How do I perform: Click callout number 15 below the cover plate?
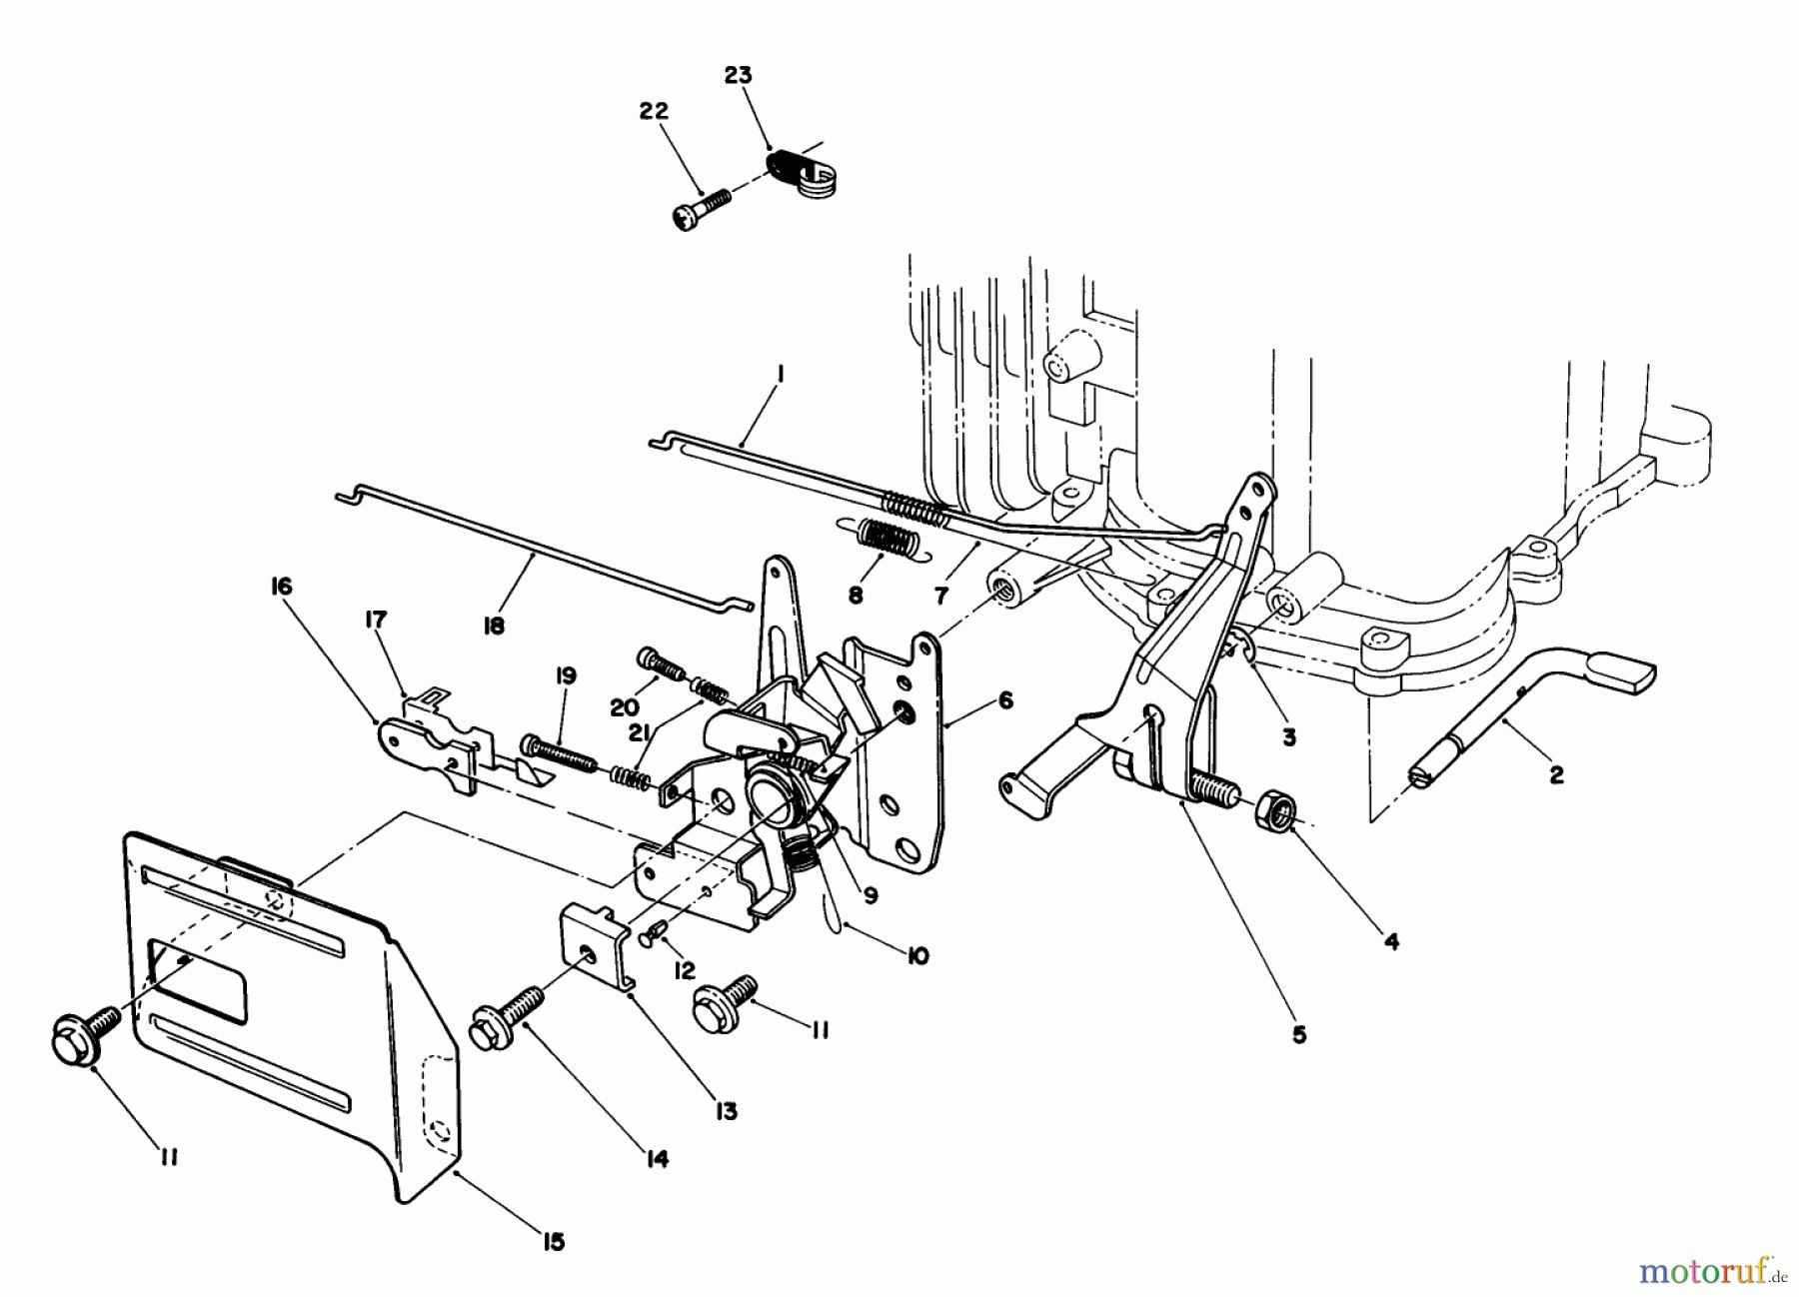coord(552,1242)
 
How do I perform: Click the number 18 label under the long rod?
coord(493,626)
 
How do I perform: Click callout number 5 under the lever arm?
coord(1298,1035)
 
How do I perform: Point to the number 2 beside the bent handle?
coord(1555,774)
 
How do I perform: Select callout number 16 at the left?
coord(281,586)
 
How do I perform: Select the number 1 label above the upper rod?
coord(780,375)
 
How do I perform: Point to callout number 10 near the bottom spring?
coord(916,956)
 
